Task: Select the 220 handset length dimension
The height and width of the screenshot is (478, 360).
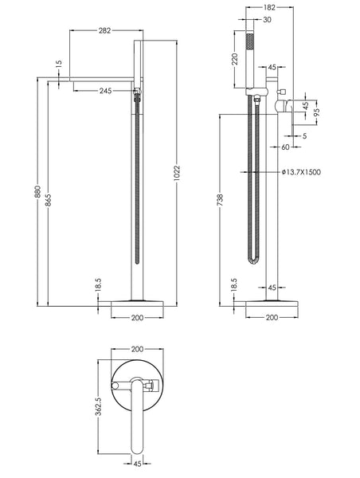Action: pos(234,59)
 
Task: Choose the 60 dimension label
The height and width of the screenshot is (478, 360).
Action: pos(284,147)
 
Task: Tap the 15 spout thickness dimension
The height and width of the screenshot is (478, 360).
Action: pos(58,64)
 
